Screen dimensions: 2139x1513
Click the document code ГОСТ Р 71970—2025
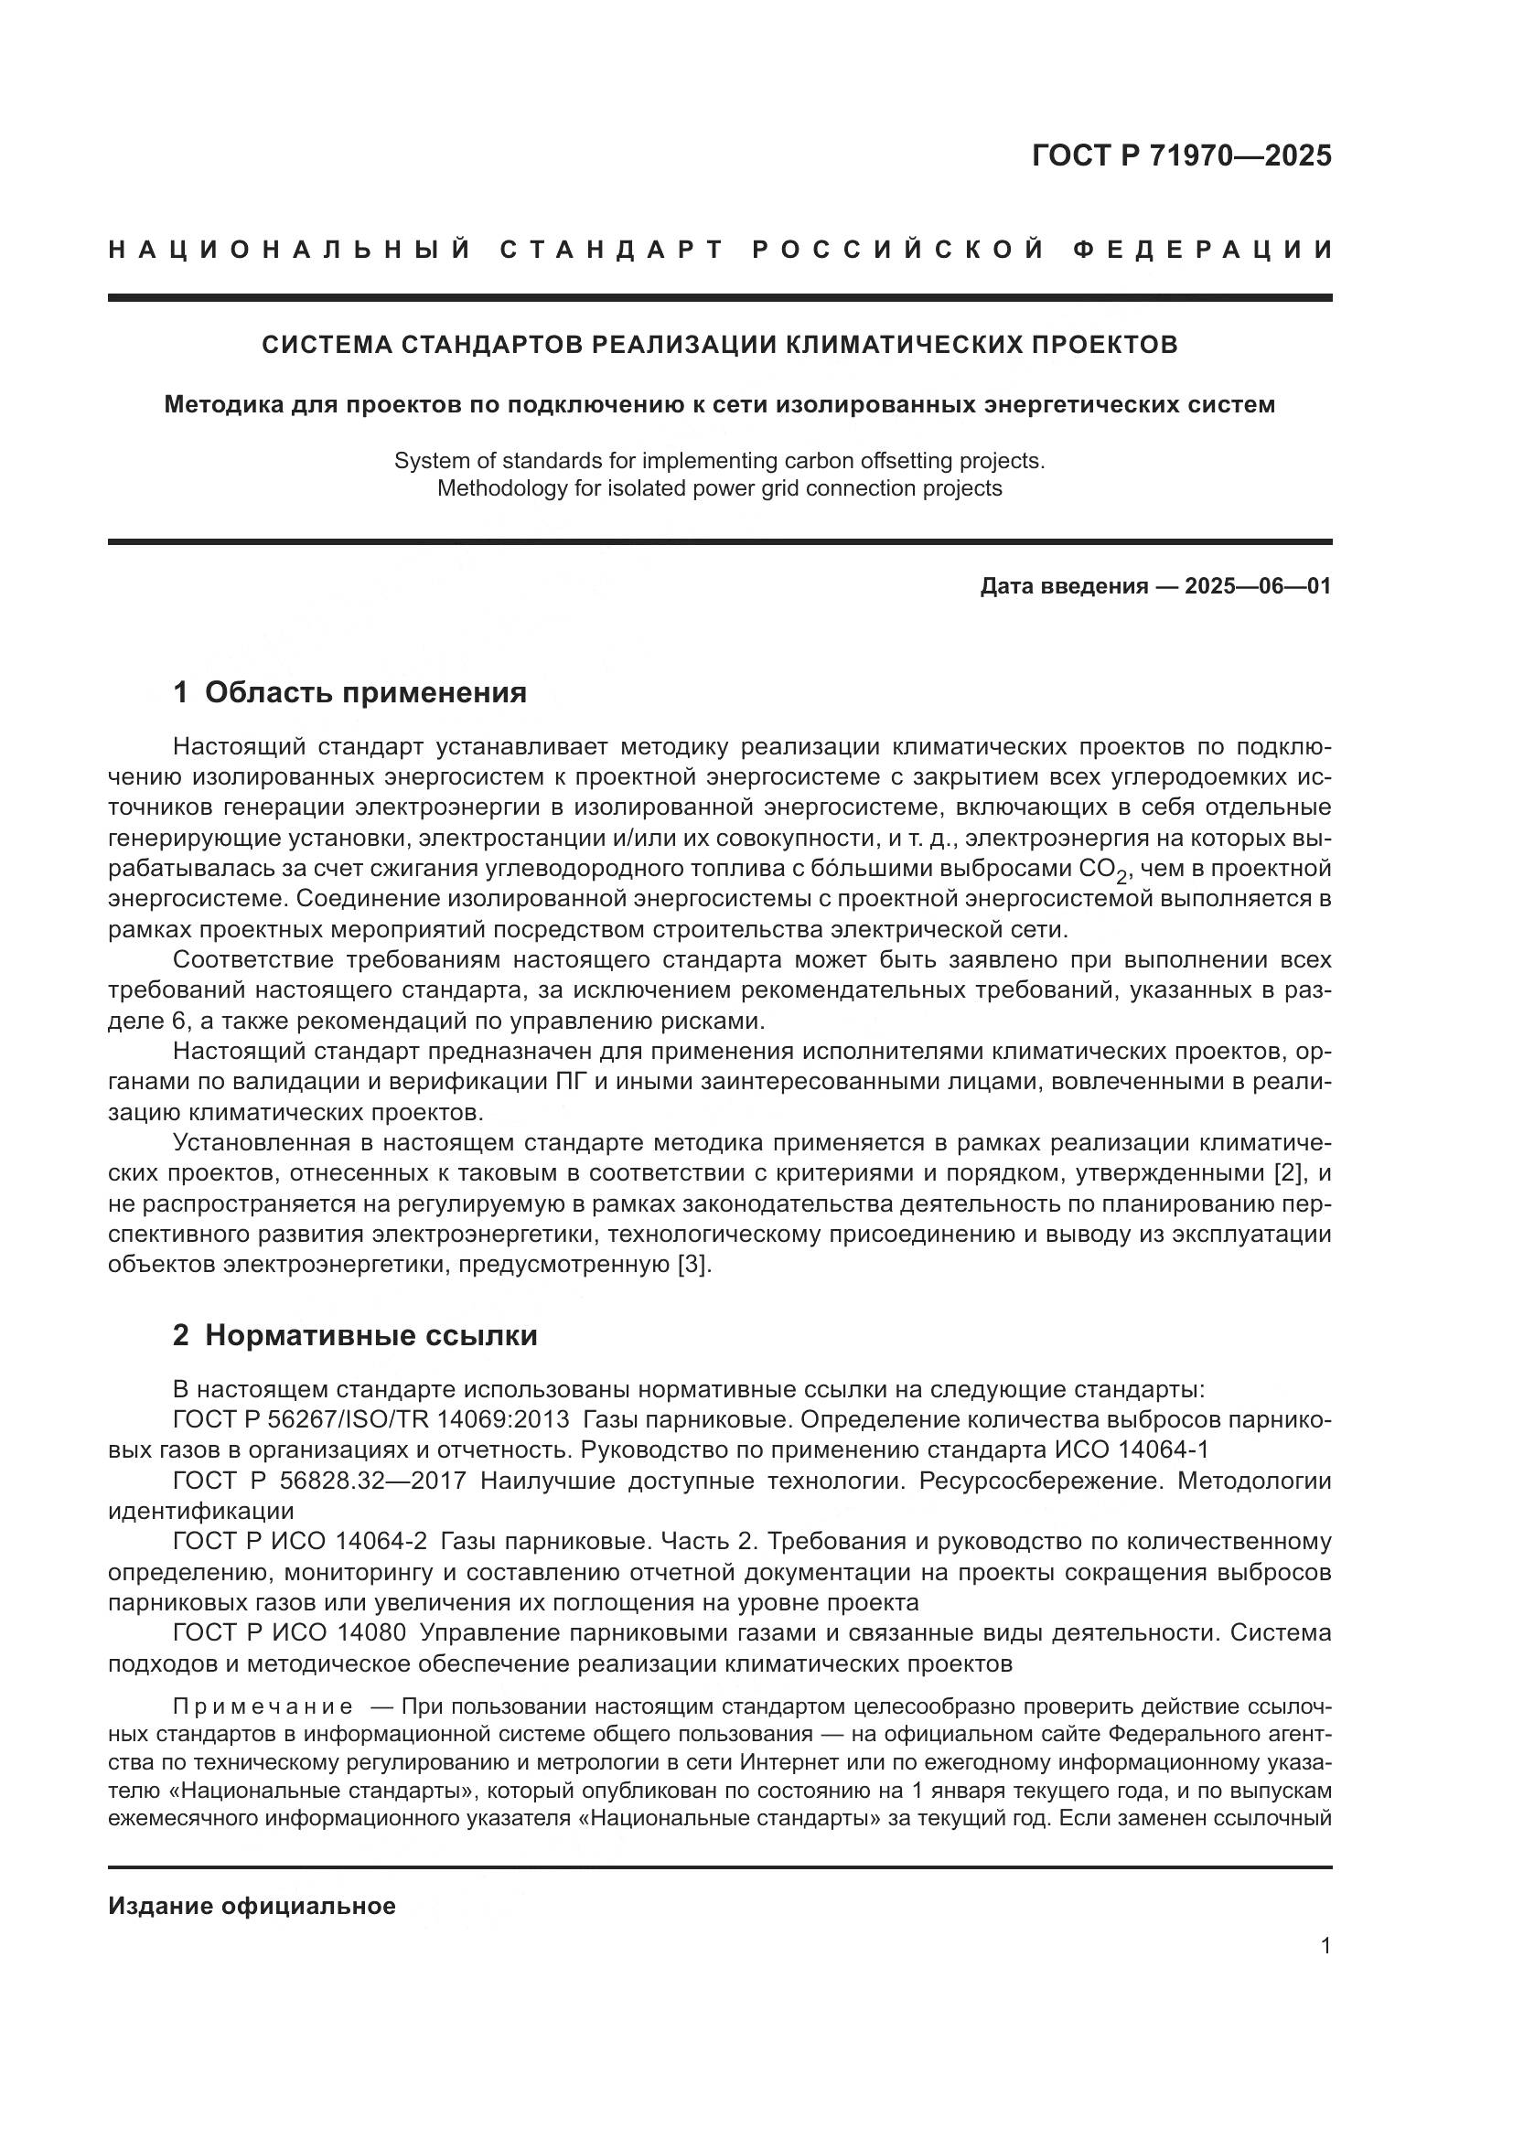point(1181,155)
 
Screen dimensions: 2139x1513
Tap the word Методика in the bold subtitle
point(220,404)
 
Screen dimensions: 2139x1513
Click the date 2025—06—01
point(1258,586)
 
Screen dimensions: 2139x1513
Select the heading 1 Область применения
point(349,692)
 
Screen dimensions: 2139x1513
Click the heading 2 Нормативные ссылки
point(355,1335)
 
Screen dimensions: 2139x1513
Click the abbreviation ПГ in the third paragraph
point(571,1082)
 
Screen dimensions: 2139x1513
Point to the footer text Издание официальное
point(252,1906)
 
